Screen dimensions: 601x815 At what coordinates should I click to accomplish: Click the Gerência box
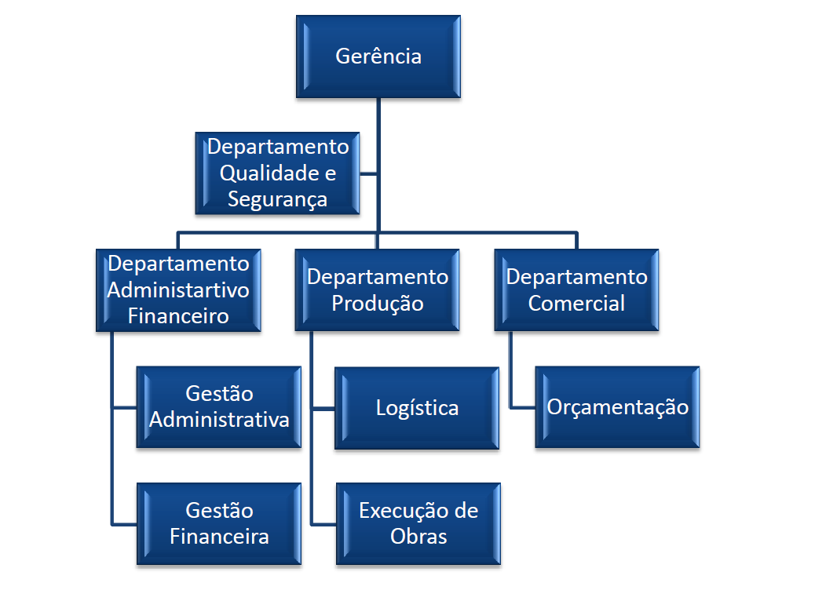378,56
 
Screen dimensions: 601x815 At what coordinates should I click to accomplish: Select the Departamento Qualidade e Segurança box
277,173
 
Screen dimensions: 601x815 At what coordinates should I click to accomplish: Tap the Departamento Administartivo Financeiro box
178,290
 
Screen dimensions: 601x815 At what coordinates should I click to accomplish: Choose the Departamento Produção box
378,290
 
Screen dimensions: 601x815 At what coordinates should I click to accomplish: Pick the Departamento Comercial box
576,290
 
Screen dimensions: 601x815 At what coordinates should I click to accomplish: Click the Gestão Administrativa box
219,406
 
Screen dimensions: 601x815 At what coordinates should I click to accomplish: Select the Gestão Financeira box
219,523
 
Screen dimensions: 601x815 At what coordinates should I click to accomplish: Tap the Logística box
417,408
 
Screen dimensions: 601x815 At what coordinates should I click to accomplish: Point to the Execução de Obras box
418,523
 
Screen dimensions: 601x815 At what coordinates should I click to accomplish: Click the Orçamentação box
617,407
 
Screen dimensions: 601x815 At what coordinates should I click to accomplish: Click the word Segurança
277,199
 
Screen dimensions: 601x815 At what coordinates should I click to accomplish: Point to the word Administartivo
178,290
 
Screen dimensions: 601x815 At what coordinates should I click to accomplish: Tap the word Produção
378,304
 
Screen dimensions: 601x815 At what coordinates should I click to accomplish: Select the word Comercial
576,304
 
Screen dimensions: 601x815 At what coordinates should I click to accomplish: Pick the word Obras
418,537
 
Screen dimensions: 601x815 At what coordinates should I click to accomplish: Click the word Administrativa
219,420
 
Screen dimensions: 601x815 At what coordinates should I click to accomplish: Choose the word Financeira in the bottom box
219,537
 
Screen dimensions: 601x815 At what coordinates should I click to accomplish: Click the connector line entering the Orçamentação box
523,408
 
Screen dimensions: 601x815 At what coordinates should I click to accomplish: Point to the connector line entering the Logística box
323,409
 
